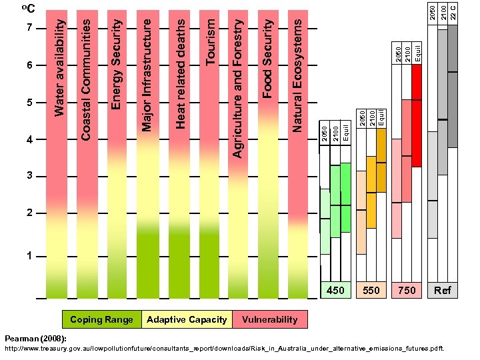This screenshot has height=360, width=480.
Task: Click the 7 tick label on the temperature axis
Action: pos(29,29)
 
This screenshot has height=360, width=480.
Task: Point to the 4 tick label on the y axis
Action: pos(29,140)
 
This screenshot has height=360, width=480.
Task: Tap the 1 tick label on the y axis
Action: pos(29,257)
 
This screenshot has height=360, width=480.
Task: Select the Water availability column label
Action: pos(60,67)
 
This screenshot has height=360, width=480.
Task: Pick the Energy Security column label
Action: pos(117,64)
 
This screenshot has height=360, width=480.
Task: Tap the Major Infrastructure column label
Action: pos(147,73)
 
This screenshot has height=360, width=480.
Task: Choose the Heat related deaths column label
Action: pos(180,73)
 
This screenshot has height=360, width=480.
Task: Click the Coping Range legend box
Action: pos(101,320)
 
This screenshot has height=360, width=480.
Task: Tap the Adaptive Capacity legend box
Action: pos(187,320)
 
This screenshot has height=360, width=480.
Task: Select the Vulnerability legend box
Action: pos(270,320)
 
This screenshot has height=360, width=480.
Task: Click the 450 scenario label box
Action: pos(336,291)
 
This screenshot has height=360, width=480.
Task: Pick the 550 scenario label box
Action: pos(371,291)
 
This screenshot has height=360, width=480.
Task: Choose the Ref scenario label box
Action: pos(443,291)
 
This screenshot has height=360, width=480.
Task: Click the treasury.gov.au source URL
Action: pos(224,348)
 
